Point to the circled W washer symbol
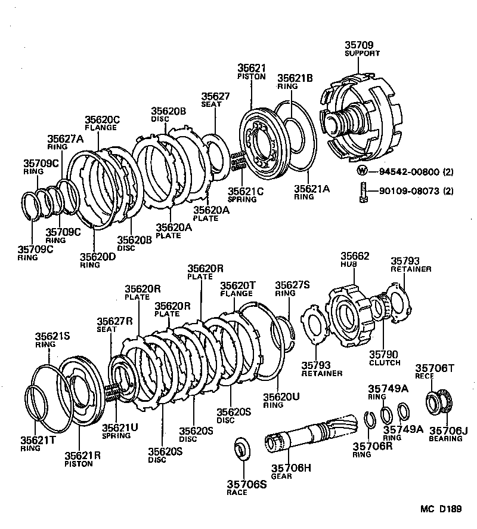tap(362, 171)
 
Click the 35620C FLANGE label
tap(102, 122)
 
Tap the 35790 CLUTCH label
tap(385, 358)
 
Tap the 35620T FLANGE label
tap(238, 289)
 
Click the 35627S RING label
tap(292, 288)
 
